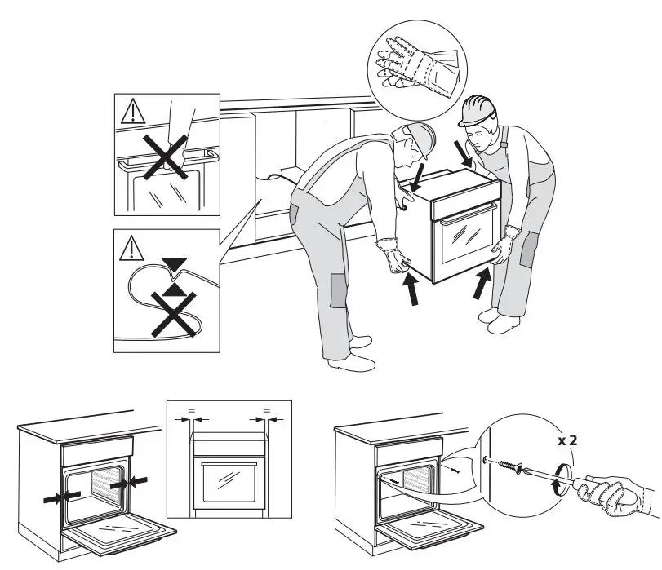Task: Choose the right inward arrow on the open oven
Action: click(120, 483)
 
